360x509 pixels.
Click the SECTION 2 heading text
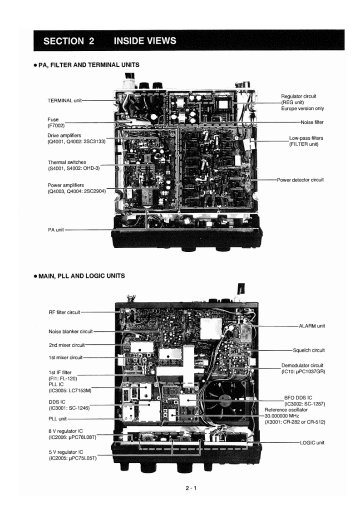point(69,41)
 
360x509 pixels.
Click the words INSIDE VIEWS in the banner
point(145,41)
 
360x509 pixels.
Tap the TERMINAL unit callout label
point(65,100)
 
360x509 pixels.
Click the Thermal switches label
point(67,162)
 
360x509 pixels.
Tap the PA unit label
point(56,230)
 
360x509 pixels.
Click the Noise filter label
point(312,122)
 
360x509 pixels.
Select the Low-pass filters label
point(306,138)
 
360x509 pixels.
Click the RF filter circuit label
point(64,312)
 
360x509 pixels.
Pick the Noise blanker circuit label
point(70,331)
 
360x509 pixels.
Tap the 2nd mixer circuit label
point(66,345)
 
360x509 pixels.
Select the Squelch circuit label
point(309,350)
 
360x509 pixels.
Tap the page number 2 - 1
point(191,488)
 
